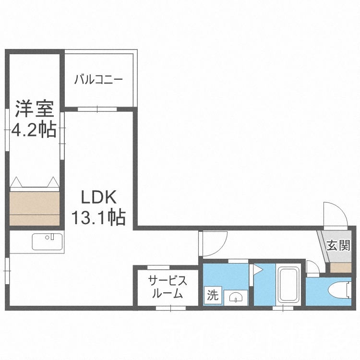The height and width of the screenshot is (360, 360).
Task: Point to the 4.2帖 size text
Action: (x=33, y=130)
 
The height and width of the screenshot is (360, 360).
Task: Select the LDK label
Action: (x=98, y=198)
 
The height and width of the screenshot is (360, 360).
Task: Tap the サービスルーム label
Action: (x=166, y=287)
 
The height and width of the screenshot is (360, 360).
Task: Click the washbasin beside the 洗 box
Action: (x=236, y=297)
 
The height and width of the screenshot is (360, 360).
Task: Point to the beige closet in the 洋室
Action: (x=35, y=208)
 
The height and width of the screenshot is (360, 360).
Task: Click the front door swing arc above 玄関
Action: (x=334, y=214)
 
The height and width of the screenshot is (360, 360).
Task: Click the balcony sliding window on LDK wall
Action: (x=98, y=109)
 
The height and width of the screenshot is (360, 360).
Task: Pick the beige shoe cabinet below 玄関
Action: (x=341, y=268)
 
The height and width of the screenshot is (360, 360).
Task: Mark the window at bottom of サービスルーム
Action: (x=170, y=308)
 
